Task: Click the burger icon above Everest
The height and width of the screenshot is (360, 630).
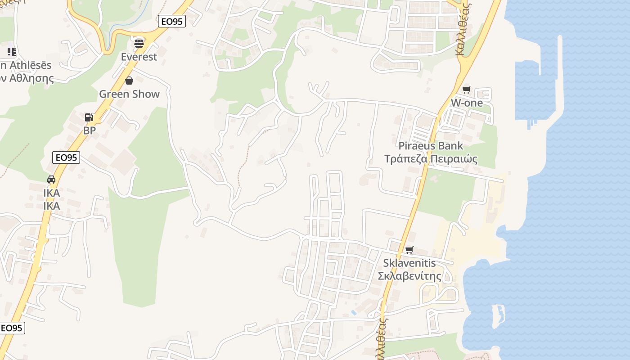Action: coord(139,43)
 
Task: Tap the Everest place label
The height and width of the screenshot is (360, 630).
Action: coord(139,57)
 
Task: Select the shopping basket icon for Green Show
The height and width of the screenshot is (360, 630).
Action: coord(129,81)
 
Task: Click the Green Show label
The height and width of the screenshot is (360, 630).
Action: coord(129,94)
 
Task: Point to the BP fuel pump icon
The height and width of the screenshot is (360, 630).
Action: coord(89,117)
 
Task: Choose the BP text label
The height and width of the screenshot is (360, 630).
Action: coord(89,130)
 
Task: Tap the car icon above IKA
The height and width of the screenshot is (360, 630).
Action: coord(51,179)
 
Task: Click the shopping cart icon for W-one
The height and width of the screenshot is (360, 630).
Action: coord(467,90)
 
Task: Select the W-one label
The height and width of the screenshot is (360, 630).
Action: coord(467,103)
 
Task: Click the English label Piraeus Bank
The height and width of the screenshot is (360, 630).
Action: coord(431,146)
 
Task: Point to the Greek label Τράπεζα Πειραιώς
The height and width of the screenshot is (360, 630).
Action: coord(431,159)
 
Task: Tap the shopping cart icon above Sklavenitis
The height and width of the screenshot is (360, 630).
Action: coord(409,250)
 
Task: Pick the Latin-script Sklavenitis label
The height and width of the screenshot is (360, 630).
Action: coord(409,263)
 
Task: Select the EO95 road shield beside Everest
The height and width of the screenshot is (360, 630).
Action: coord(172,21)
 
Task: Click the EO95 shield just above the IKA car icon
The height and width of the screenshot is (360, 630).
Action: coord(66,157)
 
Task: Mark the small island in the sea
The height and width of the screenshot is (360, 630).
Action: coord(497,316)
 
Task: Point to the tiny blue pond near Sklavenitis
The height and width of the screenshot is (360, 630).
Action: coord(354,312)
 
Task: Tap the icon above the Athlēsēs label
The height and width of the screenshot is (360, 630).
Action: coord(12,52)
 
